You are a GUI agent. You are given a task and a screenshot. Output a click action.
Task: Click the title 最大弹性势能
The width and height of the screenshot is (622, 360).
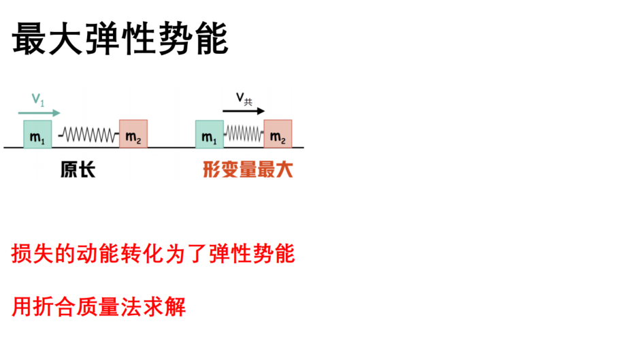[x=120, y=39]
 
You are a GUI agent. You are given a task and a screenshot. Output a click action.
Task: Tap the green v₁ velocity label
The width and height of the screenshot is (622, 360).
[x=38, y=99]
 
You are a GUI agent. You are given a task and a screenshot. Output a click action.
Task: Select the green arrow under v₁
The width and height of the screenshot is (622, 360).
[x=39, y=113]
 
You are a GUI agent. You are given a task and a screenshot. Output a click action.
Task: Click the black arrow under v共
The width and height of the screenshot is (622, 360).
[x=244, y=111]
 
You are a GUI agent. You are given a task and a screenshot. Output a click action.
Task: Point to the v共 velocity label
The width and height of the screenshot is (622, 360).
[x=244, y=99]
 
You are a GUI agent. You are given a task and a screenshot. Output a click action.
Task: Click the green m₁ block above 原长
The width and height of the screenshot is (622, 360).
[x=37, y=135]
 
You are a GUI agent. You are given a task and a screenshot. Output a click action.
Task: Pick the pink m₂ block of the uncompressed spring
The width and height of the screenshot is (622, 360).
[x=133, y=134]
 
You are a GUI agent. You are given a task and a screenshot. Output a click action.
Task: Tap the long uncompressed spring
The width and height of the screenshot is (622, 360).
[x=88, y=135]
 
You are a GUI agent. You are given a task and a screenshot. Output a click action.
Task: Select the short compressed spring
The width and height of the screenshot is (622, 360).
[x=244, y=133]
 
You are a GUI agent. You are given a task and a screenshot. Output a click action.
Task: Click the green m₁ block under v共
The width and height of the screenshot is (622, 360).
[x=210, y=135]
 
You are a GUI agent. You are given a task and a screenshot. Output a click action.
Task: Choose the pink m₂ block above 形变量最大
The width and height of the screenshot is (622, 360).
[x=278, y=134]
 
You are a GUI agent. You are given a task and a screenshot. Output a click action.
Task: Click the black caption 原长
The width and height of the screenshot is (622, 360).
[x=78, y=169]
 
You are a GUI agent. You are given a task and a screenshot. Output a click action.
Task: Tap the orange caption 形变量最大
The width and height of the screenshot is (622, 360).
[x=248, y=169]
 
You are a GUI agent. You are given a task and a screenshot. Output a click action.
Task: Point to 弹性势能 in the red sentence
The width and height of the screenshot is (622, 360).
[x=252, y=254]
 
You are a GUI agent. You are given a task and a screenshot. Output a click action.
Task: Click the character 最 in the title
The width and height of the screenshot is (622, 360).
[x=29, y=39]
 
